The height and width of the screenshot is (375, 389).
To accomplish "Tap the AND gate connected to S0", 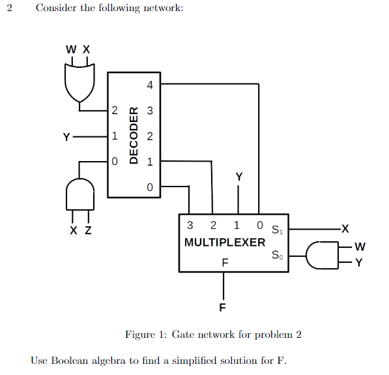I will [321, 254].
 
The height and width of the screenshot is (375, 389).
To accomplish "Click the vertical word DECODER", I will [133, 135].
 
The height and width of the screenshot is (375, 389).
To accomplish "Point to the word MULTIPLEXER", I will [225, 243].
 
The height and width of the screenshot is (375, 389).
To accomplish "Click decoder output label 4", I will [150, 85].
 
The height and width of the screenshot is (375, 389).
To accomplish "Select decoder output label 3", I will [150, 111].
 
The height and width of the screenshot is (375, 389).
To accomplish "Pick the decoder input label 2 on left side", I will [115, 111].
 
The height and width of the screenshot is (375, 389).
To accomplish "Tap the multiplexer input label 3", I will [190, 226].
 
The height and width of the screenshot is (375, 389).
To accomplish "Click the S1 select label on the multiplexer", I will [277, 230].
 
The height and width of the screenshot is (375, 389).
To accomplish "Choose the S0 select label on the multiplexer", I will [277, 254].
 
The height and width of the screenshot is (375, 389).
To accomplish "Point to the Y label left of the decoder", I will [66, 137].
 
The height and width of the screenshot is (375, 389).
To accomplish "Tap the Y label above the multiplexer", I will [238, 177].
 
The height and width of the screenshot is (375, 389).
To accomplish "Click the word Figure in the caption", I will [139, 335].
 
